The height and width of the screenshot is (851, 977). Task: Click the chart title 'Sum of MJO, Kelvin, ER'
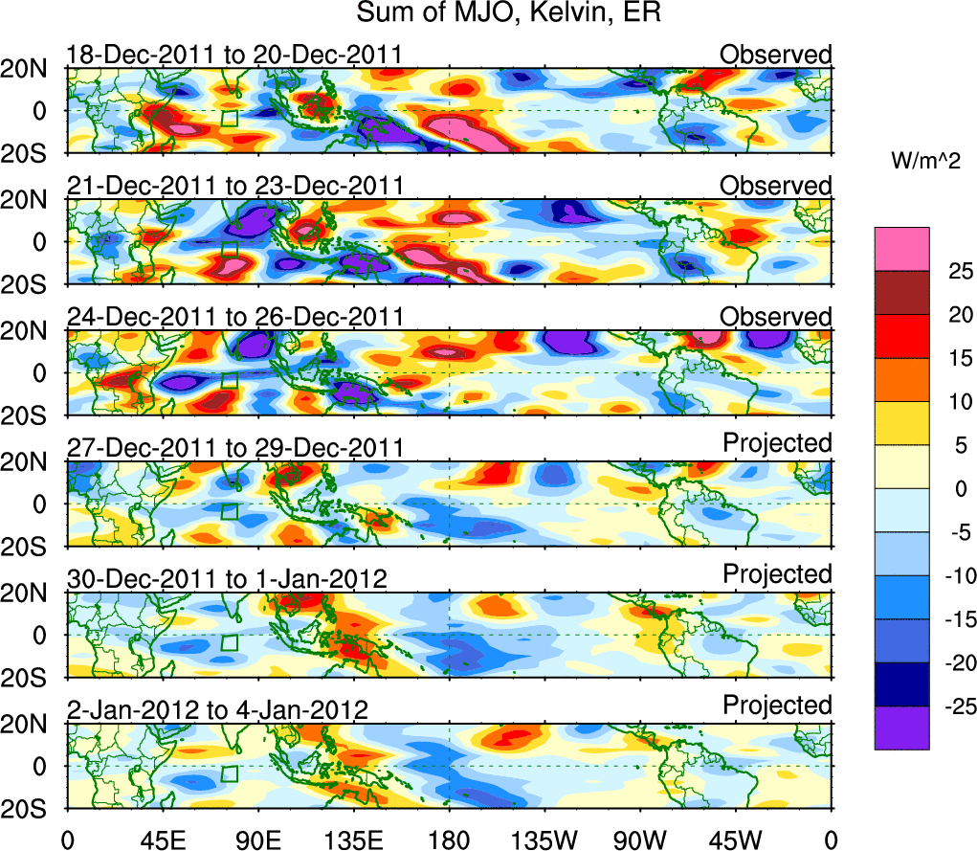(510, 13)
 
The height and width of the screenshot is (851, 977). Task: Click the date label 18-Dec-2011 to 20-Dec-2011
(234, 55)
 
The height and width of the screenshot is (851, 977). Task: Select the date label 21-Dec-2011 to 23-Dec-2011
(234, 186)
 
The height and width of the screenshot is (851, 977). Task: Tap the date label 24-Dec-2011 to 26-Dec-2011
(234, 317)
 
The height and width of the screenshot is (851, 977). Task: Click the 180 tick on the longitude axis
(449, 840)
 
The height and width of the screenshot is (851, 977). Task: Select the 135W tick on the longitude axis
(544, 840)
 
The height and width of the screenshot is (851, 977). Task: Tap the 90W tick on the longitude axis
(640, 840)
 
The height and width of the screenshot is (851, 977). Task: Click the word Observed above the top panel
(776, 55)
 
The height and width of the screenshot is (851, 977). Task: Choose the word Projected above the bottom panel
(777, 705)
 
